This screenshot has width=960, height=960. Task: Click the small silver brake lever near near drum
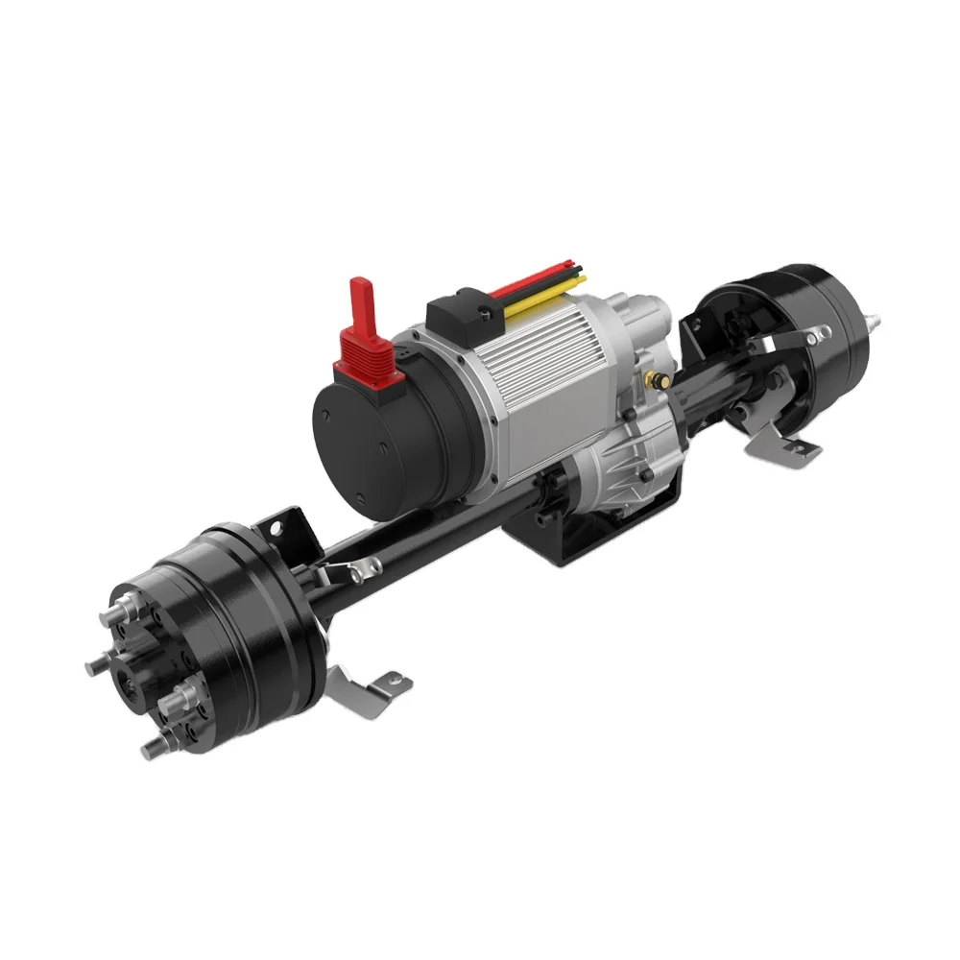(346, 574)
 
